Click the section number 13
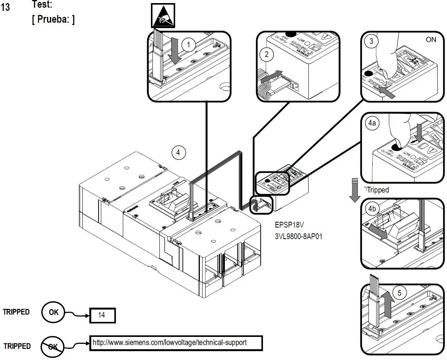pyautogui.click(x=6, y=7)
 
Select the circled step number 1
pyautogui.click(x=188, y=45)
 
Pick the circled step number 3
pyautogui.click(x=371, y=42)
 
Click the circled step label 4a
pyautogui.click(x=372, y=124)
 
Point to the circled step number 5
pyautogui.click(x=399, y=293)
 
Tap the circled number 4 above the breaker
pyautogui.click(x=178, y=152)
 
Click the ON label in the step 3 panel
pyautogui.click(x=431, y=40)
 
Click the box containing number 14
pyautogui.click(x=102, y=315)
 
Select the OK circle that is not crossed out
pyautogui.click(x=54, y=312)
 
